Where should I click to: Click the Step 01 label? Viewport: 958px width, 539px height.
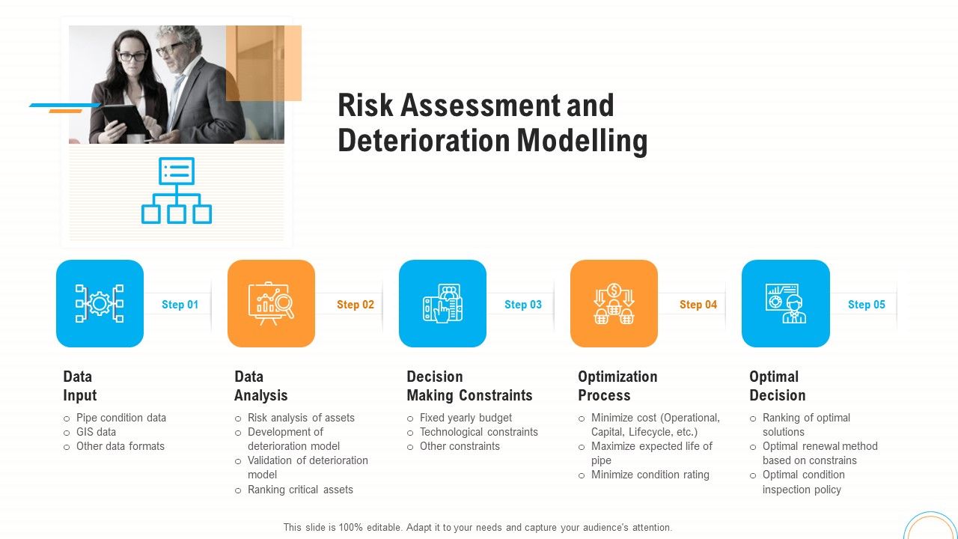tap(180, 305)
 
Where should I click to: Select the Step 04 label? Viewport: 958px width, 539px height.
tap(698, 305)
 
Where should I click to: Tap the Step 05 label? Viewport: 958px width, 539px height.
tap(866, 305)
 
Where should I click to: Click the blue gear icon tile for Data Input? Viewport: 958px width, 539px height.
tap(100, 303)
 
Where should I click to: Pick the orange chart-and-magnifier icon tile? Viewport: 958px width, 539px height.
tap(271, 303)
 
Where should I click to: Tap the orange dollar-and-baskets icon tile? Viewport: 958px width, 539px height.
tap(614, 303)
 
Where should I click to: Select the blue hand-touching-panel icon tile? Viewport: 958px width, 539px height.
tap(442, 303)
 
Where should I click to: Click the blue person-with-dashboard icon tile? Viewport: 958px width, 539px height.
tap(785, 303)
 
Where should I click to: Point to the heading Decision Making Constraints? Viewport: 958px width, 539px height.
tap(469, 386)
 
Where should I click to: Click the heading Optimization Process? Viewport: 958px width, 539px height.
tap(617, 386)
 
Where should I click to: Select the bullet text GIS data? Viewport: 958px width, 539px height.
tap(96, 432)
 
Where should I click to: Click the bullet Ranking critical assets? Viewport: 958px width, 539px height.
tap(300, 490)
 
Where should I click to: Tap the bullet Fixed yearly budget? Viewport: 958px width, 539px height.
tap(466, 418)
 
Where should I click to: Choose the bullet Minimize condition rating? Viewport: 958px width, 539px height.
tap(650, 475)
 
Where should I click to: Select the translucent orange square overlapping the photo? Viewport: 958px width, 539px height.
tap(263, 63)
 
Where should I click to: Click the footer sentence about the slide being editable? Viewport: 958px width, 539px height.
tap(478, 527)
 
